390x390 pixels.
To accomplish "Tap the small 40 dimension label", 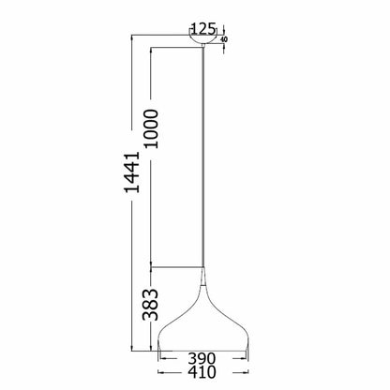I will coord(223,39).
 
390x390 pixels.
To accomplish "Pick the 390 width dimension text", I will coord(203,357).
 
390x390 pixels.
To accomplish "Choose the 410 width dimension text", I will coord(203,372).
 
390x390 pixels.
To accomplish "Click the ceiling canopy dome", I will coord(203,40).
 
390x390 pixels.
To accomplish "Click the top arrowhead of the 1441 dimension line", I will coord(131,38).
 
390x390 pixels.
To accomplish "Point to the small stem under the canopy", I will coord(203,50).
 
